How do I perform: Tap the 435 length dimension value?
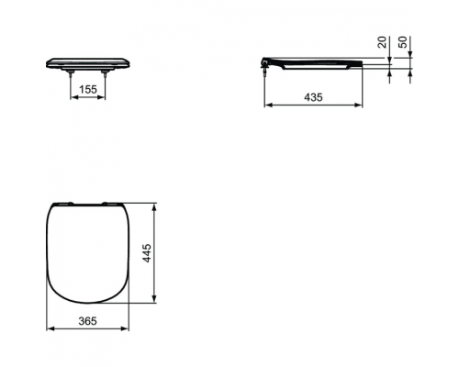click(x=312, y=95)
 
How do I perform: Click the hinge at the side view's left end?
click(x=268, y=61)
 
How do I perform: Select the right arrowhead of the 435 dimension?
click(x=359, y=104)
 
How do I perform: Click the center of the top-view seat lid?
click(x=85, y=250)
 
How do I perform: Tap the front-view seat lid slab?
click(x=88, y=62)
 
